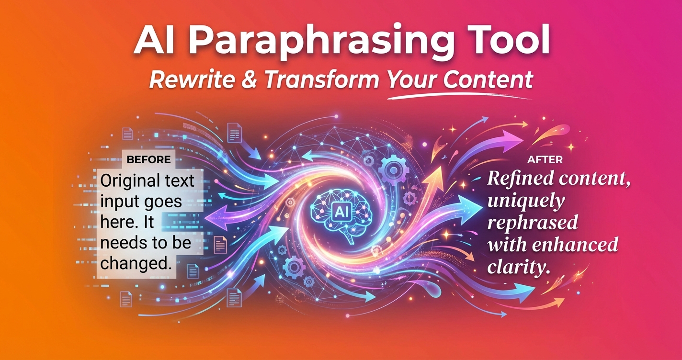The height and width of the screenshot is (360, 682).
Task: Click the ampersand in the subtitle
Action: [250, 80]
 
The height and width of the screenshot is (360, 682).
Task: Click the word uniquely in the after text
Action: [525, 202]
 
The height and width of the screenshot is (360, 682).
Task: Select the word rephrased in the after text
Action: [532, 224]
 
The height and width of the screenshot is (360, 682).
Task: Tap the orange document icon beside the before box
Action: [220, 245]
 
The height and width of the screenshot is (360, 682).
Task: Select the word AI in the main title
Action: [152, 42]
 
